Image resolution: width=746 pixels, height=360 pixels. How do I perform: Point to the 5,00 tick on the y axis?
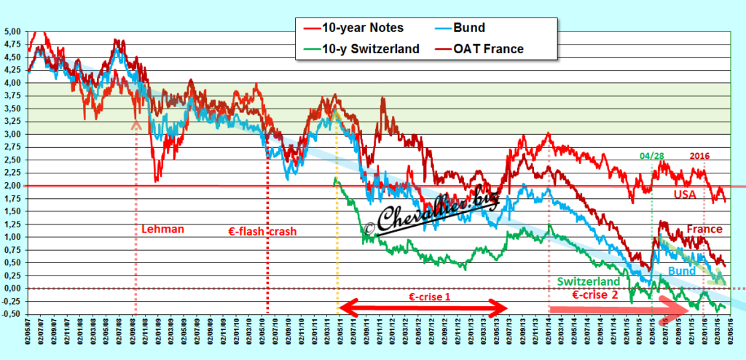click(x=13, y=32)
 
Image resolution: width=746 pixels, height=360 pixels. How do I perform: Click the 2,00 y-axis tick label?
click(x=13, y=186)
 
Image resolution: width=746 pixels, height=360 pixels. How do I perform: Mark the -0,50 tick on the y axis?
click(x=12, y=314)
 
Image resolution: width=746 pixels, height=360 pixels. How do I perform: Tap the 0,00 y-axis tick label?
click(x=13, y=289)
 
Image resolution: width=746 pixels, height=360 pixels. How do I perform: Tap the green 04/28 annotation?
click(x=653, y=155)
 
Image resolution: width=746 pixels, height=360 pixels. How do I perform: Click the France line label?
click(x=704, y=229)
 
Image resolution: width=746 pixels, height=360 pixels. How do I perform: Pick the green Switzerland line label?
click(x=588, y=281)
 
